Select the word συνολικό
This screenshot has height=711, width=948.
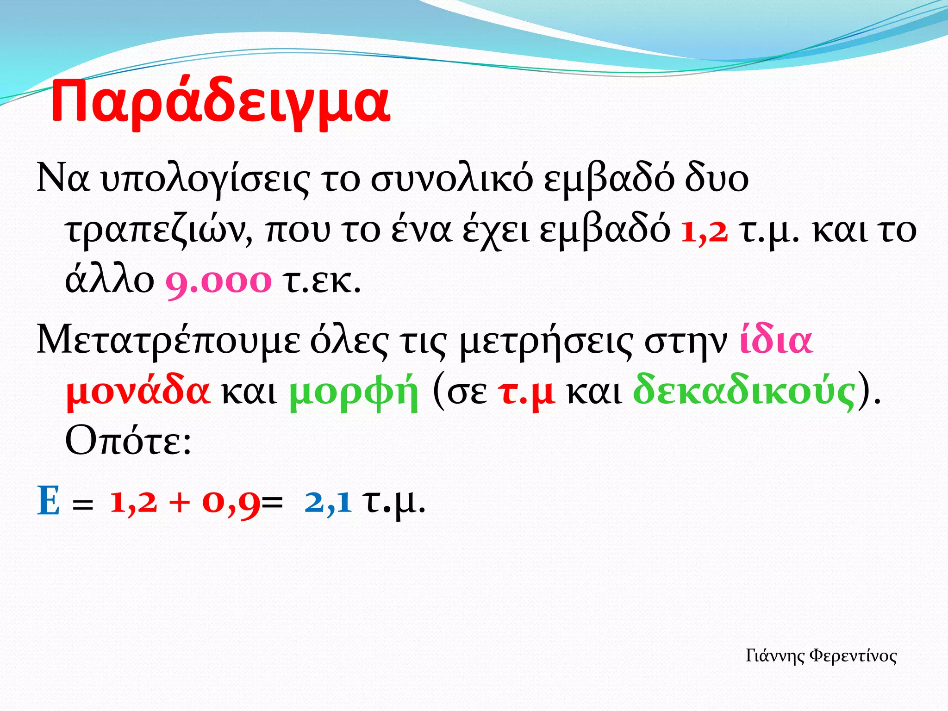coord(452,179)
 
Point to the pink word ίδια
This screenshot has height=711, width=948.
coord(776,341)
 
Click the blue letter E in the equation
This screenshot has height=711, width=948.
coord(48,501)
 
